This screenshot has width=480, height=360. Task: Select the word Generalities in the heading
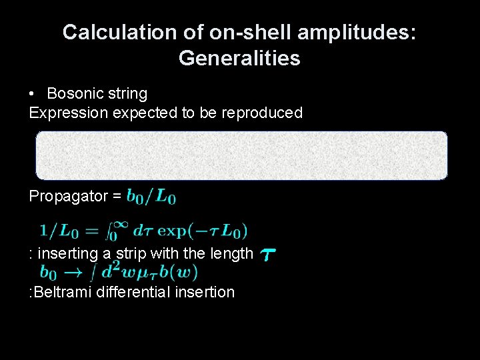(x=239, y=59)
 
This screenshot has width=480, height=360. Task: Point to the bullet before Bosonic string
(x=33, y=93)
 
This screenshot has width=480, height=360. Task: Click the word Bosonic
(x=73, y=93)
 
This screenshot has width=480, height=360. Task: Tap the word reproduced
(x=264, y=113)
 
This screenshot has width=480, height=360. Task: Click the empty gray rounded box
(x=241, y=155)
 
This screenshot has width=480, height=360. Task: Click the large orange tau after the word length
(x=269, y=255)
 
